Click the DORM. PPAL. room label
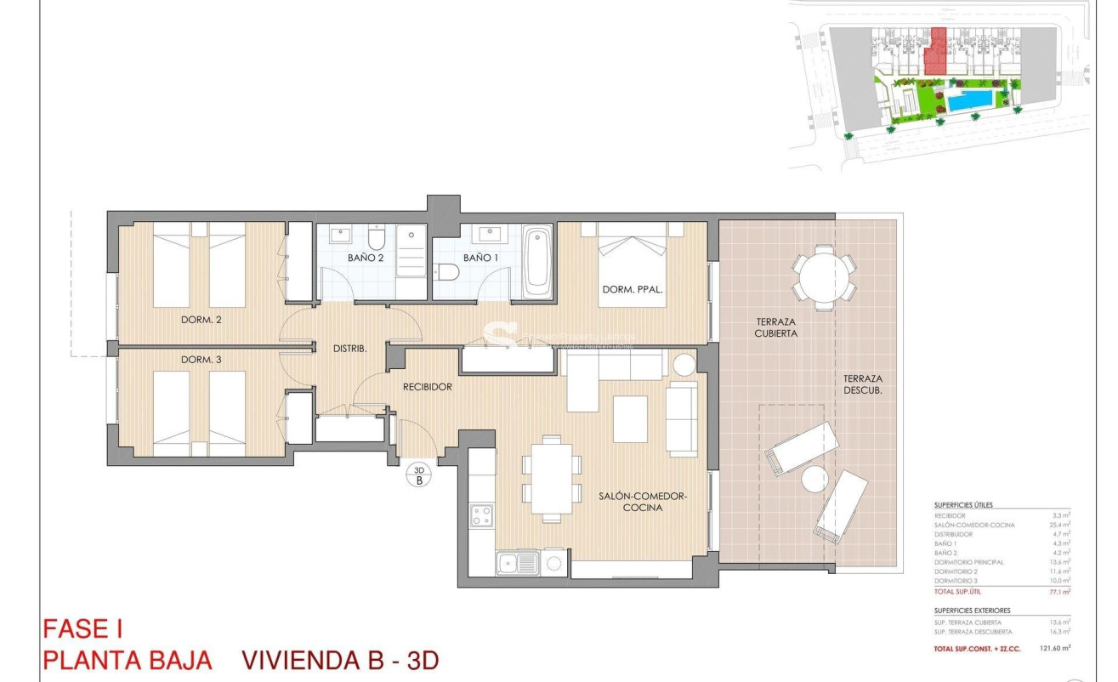[632, 289]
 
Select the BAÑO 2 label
[366, 257]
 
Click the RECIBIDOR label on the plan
[427, 387]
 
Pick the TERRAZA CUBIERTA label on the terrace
[776, 327]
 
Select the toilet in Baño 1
[446, 271]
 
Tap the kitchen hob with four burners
[482, 515]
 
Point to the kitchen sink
[518, 563]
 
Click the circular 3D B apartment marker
[418, 475]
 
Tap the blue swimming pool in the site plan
[970, 102]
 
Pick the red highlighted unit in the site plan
[936, 52]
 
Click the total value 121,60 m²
[1054, 648]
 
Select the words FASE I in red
[82, 629]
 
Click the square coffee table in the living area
[630, 419]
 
